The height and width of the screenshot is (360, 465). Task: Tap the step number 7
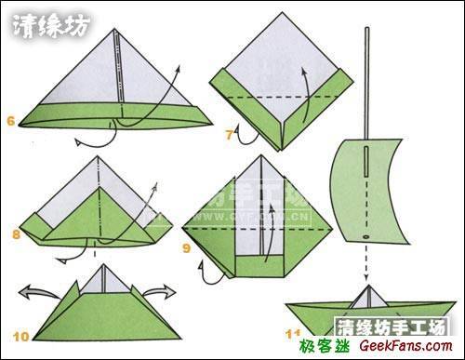pyautogui.click(x=229, y=136)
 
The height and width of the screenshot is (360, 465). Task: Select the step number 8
pyautogui.click(x=16, y=234)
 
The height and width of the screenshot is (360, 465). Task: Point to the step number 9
pyautogui.click(x=187, y=247)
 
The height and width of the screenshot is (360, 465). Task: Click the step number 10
pyautogui.click(x=20, y=332)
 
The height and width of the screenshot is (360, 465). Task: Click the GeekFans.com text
pyautogui.click(x=413, y=347)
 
